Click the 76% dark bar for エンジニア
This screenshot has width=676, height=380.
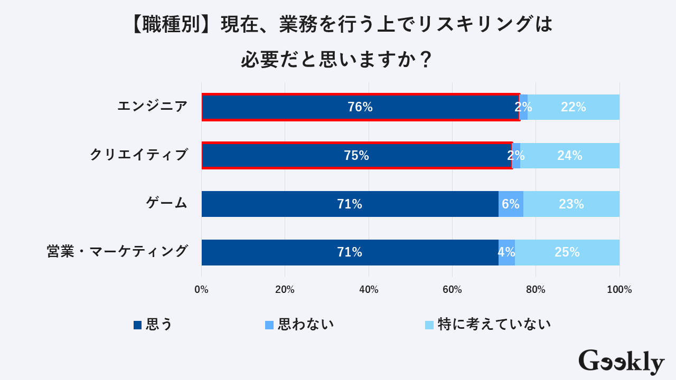click(x=360, y=107)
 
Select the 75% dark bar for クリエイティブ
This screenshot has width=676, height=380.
click(x=356, y=156)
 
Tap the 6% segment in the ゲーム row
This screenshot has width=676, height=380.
click(x=511, y=204)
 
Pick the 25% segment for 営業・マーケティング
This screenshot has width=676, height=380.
click(x=567, y=252)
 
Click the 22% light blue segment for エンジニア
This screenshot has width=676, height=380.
click(x=574, y=107)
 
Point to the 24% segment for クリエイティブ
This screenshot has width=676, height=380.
click(x=570, y=156)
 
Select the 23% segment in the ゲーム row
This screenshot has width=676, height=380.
click(x=571, y=204)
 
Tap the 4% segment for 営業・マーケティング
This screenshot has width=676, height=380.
click(x=506, y=252)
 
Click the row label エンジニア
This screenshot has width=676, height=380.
click(x=152, y=107)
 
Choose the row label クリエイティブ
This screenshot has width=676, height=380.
click(x=139, y=155)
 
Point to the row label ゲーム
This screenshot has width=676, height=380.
click(x=166, y=203)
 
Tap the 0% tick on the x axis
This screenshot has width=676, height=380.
click(x=201, y=290)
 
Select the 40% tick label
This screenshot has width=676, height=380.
click(x=369, y=290)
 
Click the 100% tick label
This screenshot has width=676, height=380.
click(x=619, y=290)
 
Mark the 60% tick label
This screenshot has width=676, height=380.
click(x=452, y=290)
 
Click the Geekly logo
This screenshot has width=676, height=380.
click(x=621, y=362)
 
